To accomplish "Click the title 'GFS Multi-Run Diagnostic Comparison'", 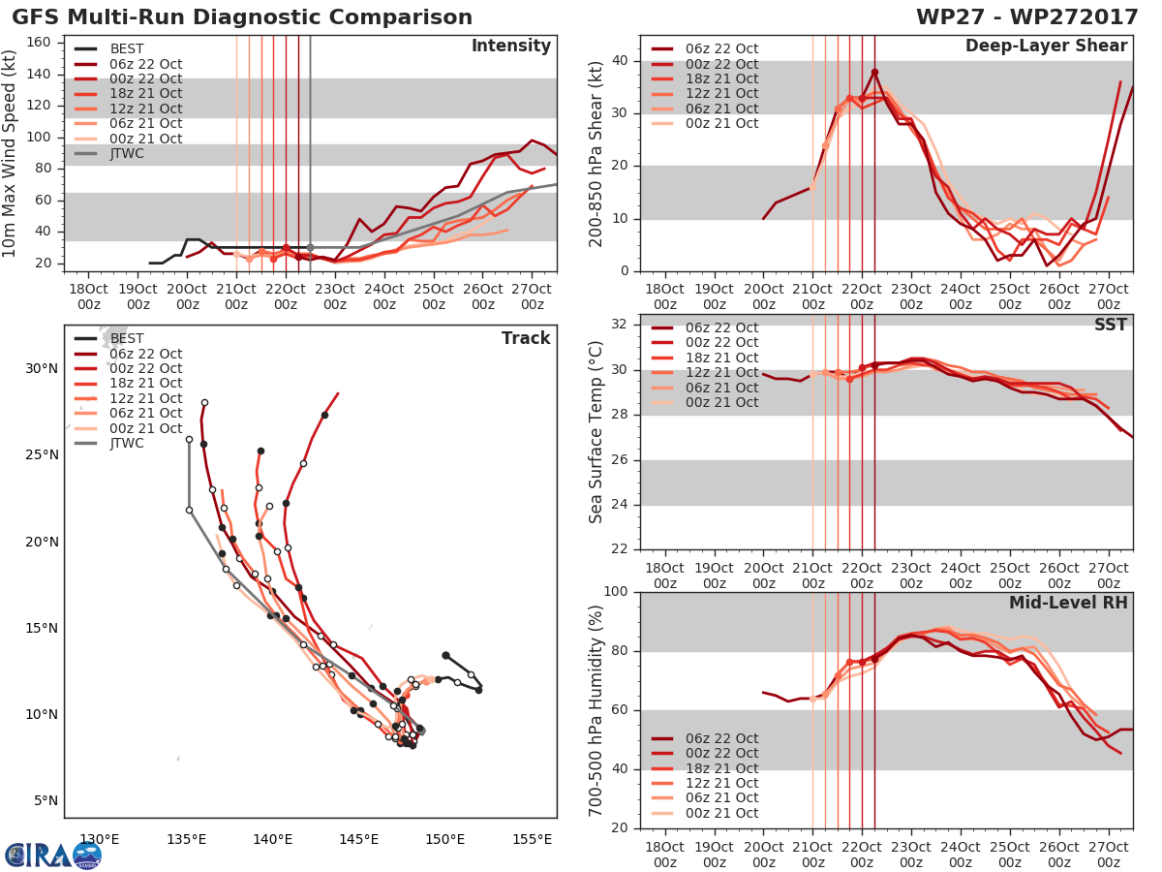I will coord(242,17).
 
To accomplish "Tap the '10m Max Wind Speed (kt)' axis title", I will coord(11,153).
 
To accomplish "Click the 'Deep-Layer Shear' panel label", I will coord(1046,47).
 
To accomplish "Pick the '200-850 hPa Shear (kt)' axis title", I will coord(596,153).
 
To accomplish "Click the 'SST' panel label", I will coord(1110,325).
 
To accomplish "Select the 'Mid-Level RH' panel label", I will coord(1068,604).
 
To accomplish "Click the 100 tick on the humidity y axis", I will coord(616,592).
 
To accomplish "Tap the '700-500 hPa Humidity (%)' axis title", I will coord(596,709).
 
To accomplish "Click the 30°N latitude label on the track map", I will coord(42,368).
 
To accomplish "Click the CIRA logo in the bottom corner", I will coord(52,855).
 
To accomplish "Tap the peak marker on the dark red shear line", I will coord(874,72).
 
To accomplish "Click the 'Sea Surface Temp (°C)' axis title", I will coord(596,432).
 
